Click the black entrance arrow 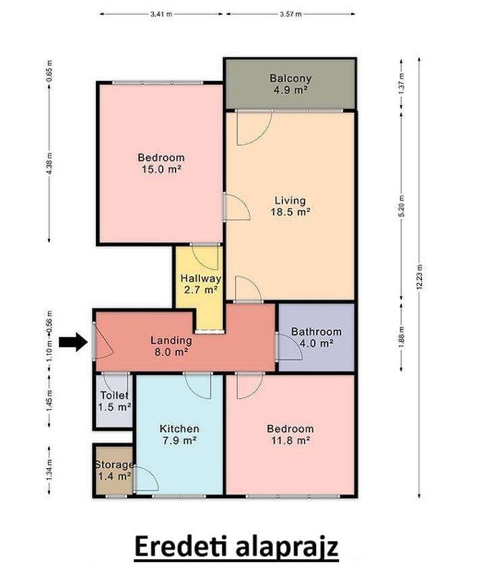(x=74, y=341)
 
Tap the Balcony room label (x=290, y=78)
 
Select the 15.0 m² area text (x=161, y=169)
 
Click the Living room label (x=290, y=201)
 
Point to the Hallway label (x=201, y=278)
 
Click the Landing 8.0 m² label (x=171, y=346)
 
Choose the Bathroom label (x=316, y=332)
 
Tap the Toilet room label (x=114, y=395)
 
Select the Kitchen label (x=180, y=429)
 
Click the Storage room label (x=114, y=465)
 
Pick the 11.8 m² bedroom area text (x=290, y=440)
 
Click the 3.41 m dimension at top (x=161, y=14)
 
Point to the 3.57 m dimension (x=290, y=14)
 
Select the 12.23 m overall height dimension (x=419, y=277)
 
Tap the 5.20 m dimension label (x=402, y=206)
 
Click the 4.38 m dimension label (x=49, y=163)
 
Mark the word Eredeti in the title (x=180, y=546)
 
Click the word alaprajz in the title (x=287, y=547)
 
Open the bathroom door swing (x=289, y=347)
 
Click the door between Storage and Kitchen (x=146, y=479)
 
